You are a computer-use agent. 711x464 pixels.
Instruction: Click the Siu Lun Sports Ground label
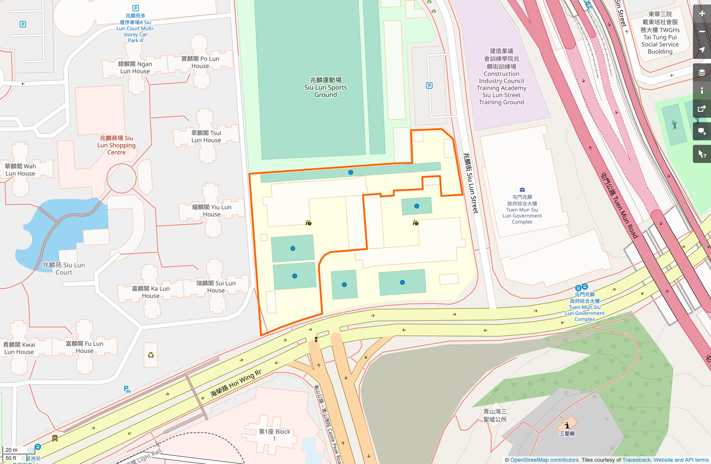tap(325, 88)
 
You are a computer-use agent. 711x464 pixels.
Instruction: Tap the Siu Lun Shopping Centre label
tap(116, 145)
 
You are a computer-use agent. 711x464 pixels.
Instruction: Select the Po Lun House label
tap(200, 62)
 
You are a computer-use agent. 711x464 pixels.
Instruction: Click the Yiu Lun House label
tap(211, 210)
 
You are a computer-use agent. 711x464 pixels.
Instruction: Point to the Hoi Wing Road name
tap(236, 383)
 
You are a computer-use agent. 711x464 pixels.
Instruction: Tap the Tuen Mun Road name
tap(619, 206)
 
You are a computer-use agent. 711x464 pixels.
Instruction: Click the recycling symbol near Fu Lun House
tap(151, 355)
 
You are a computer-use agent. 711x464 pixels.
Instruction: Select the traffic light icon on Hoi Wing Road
tap(316, 340)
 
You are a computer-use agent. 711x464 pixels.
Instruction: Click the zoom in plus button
tap(702, 14)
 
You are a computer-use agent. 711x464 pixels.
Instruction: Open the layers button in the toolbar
tap(702, 72)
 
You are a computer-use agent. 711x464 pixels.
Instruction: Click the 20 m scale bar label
tap(11, 450)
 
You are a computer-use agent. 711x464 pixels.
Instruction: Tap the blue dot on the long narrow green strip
tap(351, 172)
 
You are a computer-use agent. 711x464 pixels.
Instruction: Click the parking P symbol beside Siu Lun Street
tap(429, 86)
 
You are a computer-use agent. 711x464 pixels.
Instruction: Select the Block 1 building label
tap(274, 435)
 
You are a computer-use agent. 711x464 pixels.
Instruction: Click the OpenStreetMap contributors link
tap(544, 460)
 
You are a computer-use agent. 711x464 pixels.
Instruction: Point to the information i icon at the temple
tap(567, 425)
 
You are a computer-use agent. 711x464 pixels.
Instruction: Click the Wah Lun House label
tap(20, 170)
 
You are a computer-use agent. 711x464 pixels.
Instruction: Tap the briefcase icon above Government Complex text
tap(522, 190)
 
